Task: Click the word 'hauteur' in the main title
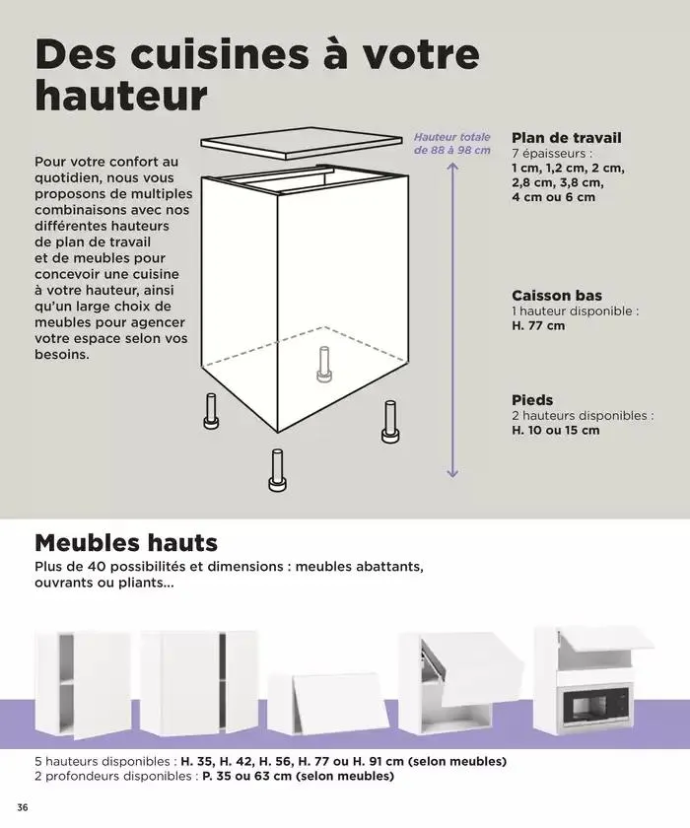point(121,96)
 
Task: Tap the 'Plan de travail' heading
point(566,138)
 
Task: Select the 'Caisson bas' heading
point(556,296)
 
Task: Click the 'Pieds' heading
point(532,400)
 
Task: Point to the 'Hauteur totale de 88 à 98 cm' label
point(451,143)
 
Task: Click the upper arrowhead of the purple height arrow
point(452,167)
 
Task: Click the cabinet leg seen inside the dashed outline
point(323,365)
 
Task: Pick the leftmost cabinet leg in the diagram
point(211,410)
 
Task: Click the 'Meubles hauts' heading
point(126,543)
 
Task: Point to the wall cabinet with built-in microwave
point(593,680)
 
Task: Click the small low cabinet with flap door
point(329,702)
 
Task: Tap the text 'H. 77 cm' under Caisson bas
point(538,325)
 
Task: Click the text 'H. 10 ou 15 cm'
point(555,430)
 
